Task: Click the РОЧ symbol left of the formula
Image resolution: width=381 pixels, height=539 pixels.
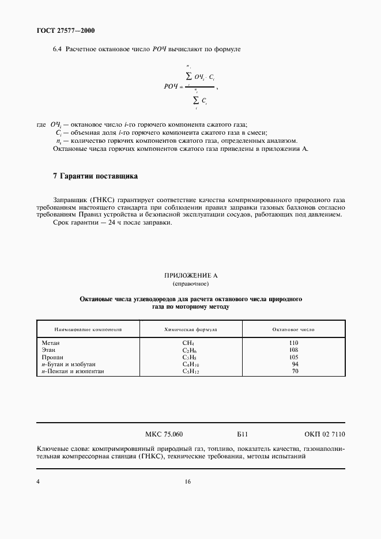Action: point(172,86)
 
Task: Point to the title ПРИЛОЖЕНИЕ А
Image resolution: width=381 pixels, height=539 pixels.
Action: point(191,276)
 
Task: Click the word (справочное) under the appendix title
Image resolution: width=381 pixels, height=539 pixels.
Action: point(191,284)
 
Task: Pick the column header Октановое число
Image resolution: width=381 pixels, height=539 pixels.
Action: point(293,330)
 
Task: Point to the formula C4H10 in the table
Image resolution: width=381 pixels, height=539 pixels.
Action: point(190,365)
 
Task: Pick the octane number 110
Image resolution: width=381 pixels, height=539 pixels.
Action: point(293,343)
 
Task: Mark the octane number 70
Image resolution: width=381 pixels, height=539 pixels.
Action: point(295,371)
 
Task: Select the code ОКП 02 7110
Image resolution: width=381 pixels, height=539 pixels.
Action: point(324,434)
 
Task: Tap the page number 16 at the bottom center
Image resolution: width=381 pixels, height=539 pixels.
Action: point(188,482)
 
